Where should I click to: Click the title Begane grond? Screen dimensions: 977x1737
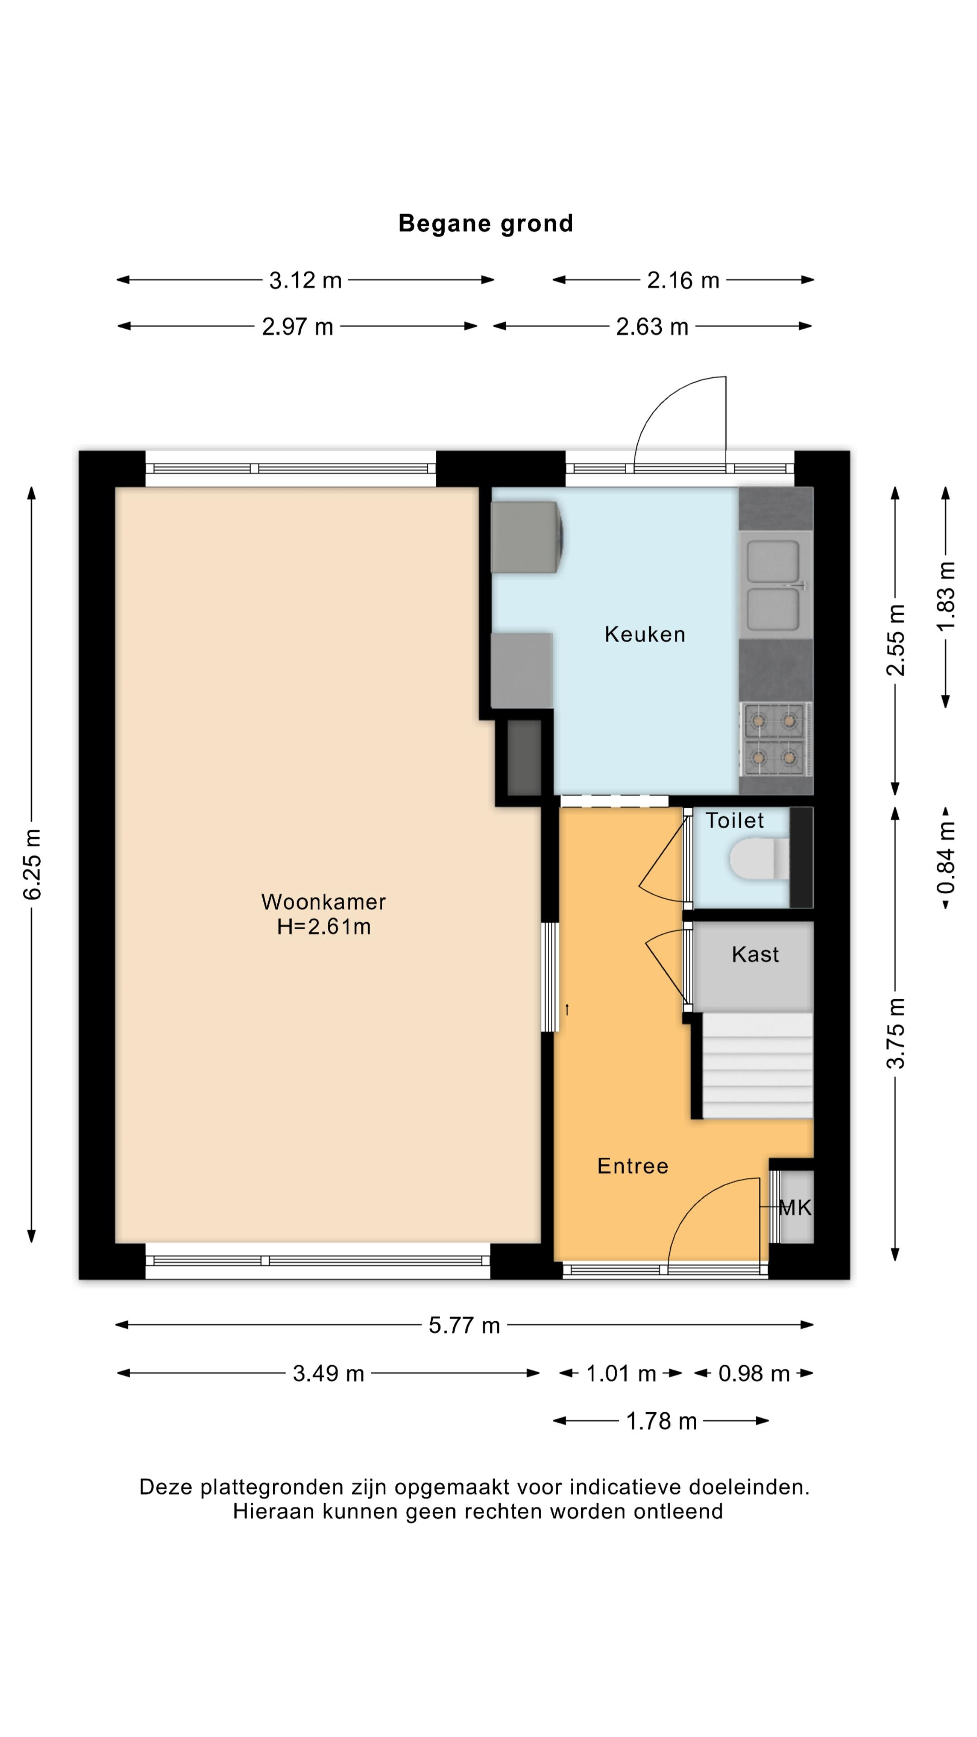click(x=485, y=223)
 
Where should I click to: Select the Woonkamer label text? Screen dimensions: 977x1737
click(x=324, y=902)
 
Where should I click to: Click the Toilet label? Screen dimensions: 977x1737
click(x=734, y=821)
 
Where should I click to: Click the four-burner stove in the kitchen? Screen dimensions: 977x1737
click(x=775, y=739)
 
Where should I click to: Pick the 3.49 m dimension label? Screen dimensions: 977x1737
click(x=328, y=1374)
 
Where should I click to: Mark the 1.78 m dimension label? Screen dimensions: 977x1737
click(x=661, y=1421)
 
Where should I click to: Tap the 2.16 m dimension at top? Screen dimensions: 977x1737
click(x=683, y=280)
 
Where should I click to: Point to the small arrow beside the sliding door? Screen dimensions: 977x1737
click(x=567, y=1010)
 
